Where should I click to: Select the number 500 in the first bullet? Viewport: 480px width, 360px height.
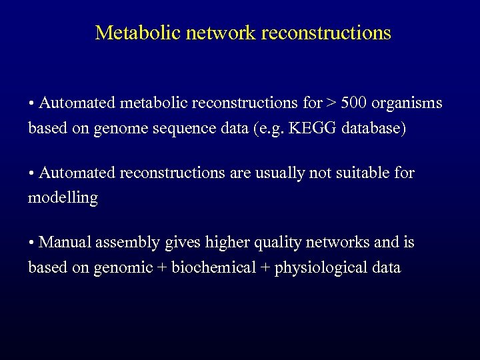click(x=354, y=103)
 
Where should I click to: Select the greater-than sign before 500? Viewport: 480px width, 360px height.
click(x=331, y=103)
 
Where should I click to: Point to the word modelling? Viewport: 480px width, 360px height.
click(x=63, y=198)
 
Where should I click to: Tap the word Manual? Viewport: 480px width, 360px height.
click(x=65, y=243)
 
